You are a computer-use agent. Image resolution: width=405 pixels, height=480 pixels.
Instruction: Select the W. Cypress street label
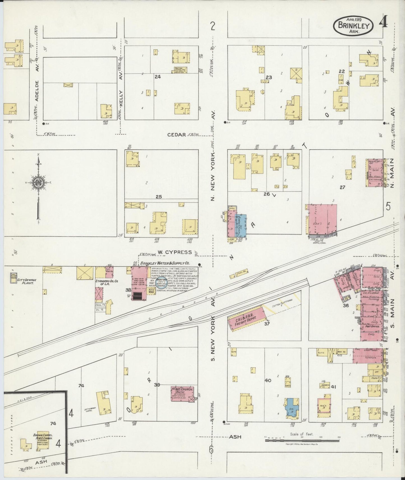coord(174,252)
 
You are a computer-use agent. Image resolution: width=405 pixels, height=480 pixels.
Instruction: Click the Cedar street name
coord(177,135)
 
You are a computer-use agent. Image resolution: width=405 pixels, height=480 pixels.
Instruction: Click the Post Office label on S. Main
coord(372,327)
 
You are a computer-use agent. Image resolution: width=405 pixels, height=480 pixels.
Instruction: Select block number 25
coord(159,197)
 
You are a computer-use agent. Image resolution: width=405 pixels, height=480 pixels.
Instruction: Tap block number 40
coord(268,380)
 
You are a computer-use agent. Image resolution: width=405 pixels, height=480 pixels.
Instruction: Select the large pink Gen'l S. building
coord(322,219)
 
